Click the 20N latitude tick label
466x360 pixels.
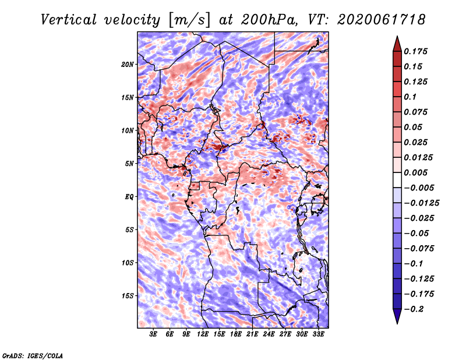click(128, 65)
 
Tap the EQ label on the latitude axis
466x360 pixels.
click(129, 197)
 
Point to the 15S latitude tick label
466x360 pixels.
click(128, 296)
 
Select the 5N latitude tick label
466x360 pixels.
click(129, 164)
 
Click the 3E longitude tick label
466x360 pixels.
click(153, 334)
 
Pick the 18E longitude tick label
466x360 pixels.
click(236, 334)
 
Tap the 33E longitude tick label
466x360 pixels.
click(318, 334)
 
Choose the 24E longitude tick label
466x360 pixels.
click(269, 334)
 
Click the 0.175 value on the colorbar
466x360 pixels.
click(415, 51)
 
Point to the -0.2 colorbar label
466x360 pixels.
click(414, 309)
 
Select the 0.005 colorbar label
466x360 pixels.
click(415, 172)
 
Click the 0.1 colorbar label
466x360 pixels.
click(410, 97)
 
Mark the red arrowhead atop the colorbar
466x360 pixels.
click(397, 44)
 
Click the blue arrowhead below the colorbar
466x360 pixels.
click(397, 316)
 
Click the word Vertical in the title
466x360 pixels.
click(69, 20)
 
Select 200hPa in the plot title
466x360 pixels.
click(269, 20)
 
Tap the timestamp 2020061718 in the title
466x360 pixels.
click(381, 20)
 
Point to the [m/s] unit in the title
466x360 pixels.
click(189, 20)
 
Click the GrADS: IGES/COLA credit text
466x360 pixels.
click(33, 355)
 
